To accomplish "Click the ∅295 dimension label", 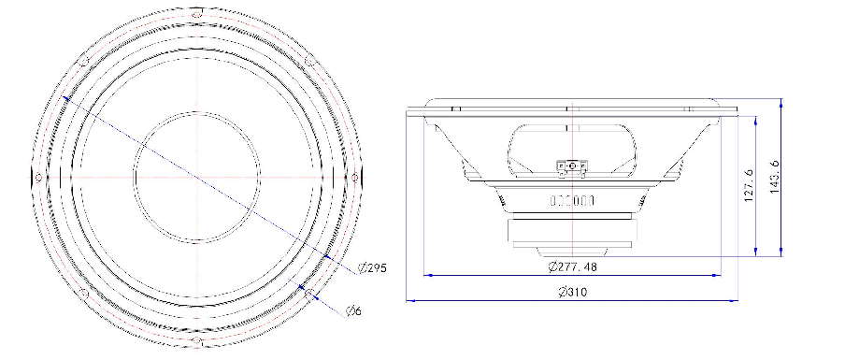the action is click(x=372, y=267).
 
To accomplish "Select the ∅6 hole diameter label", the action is click(x=353, y=311).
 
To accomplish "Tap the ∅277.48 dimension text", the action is click(x=572, y=266).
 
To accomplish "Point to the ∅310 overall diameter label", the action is click(x=573, y=293).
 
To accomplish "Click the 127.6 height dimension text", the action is click(x=749, y=185).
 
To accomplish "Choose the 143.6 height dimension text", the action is click(x=775, y=177).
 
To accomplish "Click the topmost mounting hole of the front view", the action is click(x=197, y=15).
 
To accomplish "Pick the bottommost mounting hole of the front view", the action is click(x=196, y=340).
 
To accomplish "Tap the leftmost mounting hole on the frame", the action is click(x=38, y=177).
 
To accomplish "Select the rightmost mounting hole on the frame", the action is click(x=354, y=178).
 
